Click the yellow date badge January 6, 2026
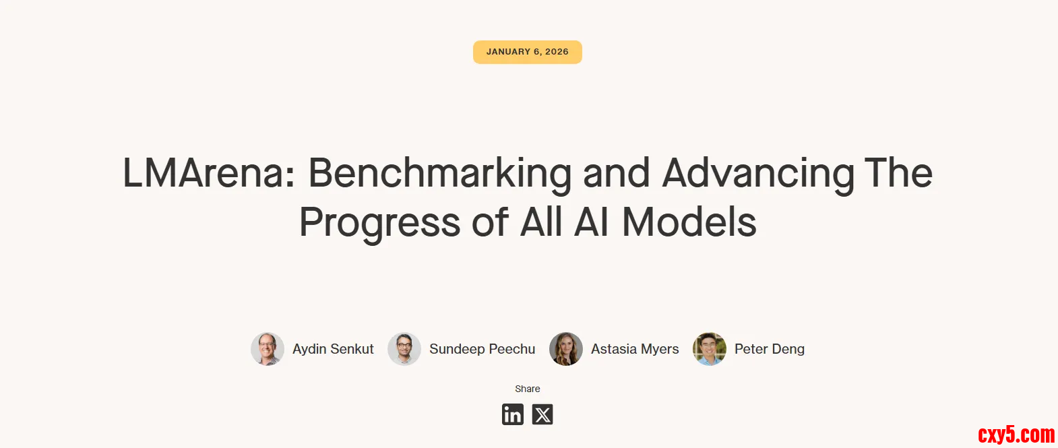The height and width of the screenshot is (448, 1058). coord(528,52)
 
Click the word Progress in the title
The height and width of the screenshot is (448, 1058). coord(380,224)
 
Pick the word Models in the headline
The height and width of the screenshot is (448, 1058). coord(689,222)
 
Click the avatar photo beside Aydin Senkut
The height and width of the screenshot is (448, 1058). coord(268,349)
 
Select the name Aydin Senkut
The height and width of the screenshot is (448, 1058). coord(333,349)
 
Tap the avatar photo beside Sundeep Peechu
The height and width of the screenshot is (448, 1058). coord(404,349)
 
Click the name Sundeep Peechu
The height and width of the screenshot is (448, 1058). coord(483,349)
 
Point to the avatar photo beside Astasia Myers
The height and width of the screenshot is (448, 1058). coord(566,349)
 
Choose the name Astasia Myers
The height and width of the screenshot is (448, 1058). coord(635,349)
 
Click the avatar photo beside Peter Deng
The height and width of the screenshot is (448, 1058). coord(710,349)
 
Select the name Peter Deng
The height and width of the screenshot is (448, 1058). coord(770,349)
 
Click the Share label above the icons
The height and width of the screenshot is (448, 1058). coord(528,389)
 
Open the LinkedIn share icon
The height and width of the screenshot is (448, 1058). coord(512,414)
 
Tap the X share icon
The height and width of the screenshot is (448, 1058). coord(542,414)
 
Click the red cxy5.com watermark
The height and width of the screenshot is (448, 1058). coord(1016,434)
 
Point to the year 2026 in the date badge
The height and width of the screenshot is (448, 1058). coord(557,52)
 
